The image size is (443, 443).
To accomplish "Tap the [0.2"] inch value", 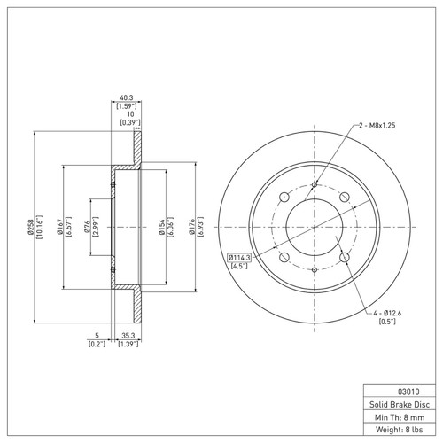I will [x=97, y=343].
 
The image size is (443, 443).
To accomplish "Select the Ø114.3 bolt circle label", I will [x=239, y=257].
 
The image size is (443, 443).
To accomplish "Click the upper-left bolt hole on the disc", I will [x=283, y=197].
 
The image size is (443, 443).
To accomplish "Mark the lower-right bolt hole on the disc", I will [x=345, y=260].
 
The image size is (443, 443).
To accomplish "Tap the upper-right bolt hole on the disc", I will [x=345, y=197].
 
